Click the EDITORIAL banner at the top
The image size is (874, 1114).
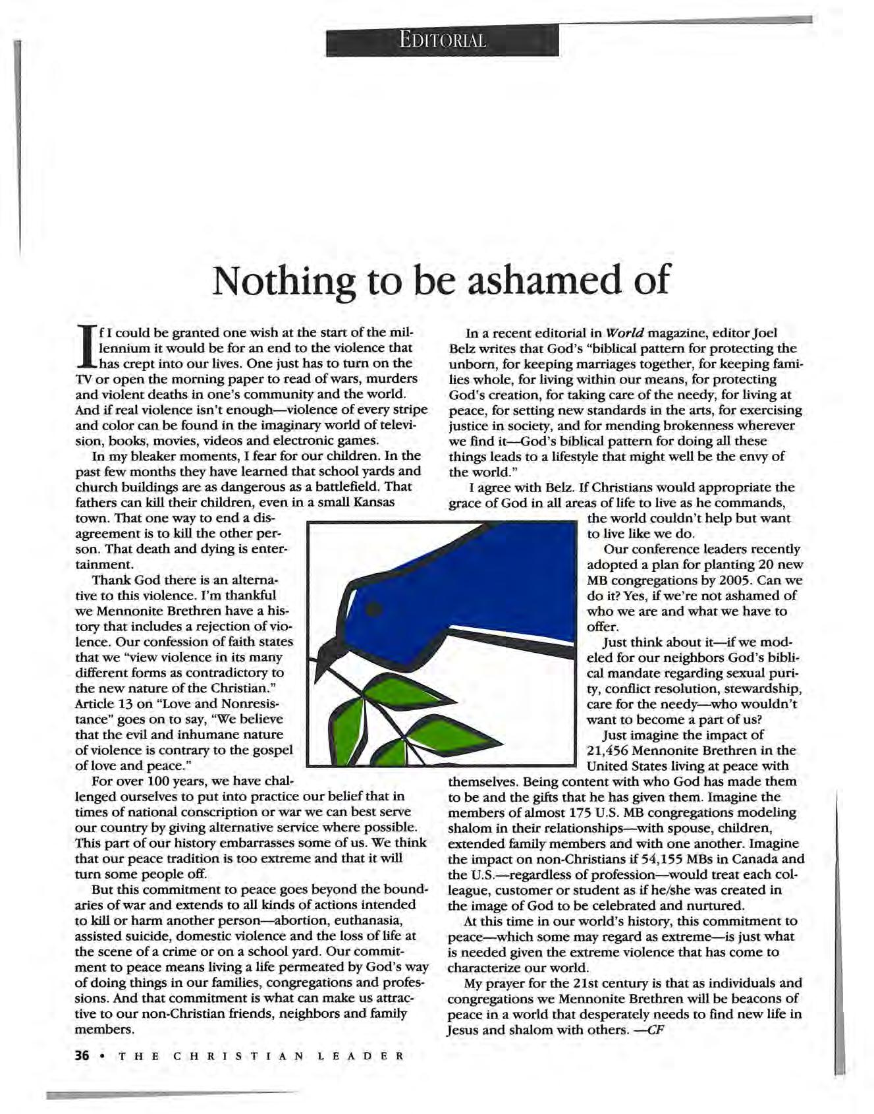coord(442,40)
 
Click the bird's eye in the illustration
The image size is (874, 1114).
coord(374,608)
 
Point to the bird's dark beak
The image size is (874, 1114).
coord(327,656)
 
